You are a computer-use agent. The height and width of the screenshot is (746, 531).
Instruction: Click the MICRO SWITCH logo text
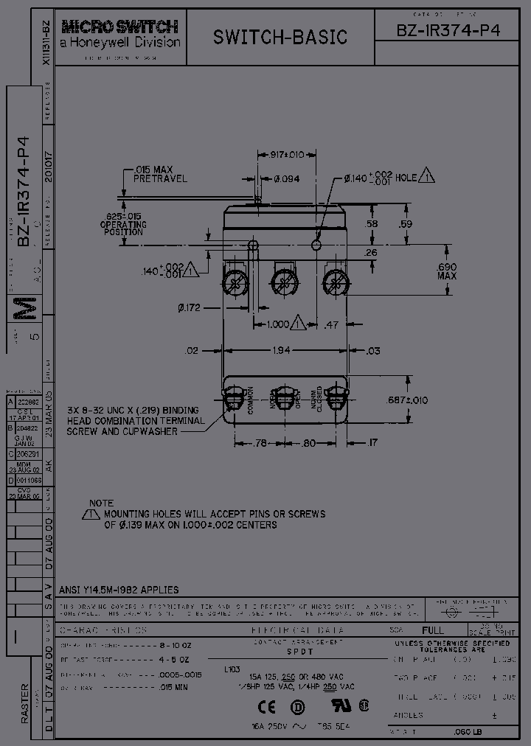[119, 28]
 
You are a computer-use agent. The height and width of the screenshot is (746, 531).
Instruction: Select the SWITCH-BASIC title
[280, 37]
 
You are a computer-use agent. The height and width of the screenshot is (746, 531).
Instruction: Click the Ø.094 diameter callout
[286, 179]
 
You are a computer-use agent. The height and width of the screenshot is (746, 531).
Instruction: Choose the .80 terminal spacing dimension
[309, 443]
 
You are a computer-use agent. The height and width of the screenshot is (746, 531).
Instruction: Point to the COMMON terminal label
[250, 399]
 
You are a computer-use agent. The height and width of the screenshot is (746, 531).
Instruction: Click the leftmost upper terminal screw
[237, 282]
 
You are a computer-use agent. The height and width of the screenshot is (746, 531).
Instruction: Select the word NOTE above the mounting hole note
[102, 501]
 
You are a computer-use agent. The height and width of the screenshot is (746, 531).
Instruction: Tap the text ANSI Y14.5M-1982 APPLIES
[118, 590]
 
